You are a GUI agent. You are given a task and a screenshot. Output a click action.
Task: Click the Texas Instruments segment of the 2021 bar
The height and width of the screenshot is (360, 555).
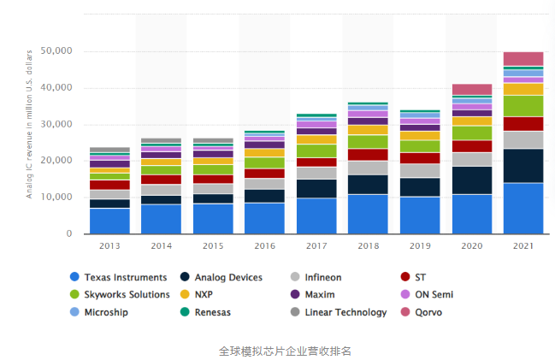pos(523,208)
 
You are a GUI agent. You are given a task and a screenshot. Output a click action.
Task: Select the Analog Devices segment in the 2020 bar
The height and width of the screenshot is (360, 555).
pos(472,180)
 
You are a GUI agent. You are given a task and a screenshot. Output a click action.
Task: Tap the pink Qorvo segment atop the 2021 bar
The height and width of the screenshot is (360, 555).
pos(523,58)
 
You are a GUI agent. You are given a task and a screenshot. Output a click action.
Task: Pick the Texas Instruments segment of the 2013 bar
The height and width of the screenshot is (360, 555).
pos(109,221)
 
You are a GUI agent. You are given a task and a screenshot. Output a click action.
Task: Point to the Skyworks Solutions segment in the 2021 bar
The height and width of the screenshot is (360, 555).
pos(523,105)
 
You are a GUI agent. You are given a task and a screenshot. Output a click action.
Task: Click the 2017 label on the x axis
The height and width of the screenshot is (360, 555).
pos(316,246)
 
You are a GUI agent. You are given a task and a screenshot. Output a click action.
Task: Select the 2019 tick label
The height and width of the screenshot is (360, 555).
pos(420,246)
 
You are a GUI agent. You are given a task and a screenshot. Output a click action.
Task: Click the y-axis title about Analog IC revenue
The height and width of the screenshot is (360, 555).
pos(29,125)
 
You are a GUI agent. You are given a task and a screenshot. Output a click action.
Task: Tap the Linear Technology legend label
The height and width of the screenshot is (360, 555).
pos(345,312)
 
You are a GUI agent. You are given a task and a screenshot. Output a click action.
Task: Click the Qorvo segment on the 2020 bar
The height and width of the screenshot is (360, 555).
pos(472,89)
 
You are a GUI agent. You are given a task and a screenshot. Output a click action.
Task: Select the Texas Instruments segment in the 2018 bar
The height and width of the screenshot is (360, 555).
pos(368,214)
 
